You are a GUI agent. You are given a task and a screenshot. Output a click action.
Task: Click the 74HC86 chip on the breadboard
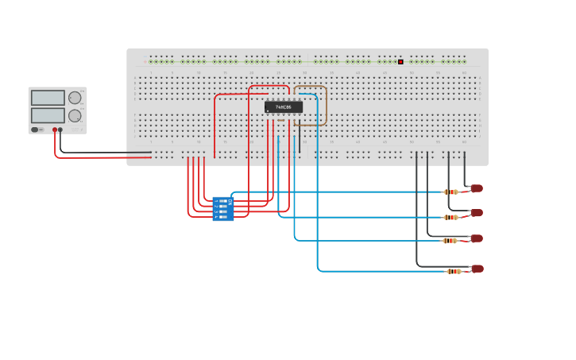click(x=284, y=107)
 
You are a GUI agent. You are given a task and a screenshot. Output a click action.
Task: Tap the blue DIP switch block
click(x=223, y=209)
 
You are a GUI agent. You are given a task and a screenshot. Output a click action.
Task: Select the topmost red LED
click(x=476, y=188)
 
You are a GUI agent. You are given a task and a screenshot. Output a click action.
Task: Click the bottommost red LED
click(x=477, y=269)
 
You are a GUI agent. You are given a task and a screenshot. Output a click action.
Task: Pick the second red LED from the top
click(x=476, y=213)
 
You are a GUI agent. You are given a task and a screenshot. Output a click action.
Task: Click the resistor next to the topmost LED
click(x=450, y=192)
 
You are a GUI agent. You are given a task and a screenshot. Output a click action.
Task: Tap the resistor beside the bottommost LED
click(x=454, y=271)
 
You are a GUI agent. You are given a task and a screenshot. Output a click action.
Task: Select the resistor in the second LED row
click(x=450, y=217)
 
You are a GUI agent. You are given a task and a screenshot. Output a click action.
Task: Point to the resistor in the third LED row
click(x=450, y=241)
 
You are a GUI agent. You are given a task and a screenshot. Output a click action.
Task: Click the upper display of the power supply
click(x=48, y=98)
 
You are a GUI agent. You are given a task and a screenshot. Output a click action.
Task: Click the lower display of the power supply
click(x=48, y=115)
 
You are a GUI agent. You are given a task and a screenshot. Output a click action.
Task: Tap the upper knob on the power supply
click(x=75, y=98)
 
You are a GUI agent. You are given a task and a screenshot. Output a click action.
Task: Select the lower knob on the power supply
click(x=75, y=115)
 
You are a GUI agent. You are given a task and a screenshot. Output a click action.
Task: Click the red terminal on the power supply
click(x=55, y=130)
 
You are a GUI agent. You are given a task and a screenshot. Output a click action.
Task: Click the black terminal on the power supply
click(x=60, y=130)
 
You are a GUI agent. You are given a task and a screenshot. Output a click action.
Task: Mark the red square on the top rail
click(x=400, y=61)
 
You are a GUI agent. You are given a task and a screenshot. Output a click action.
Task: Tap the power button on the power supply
click(x=35, y=130)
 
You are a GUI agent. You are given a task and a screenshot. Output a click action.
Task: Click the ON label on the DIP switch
click(x=230, y=201)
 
